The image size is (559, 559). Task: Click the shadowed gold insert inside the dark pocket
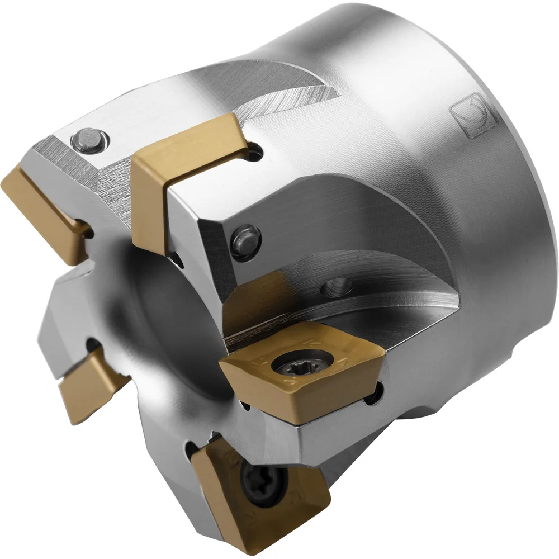(263, 305)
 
